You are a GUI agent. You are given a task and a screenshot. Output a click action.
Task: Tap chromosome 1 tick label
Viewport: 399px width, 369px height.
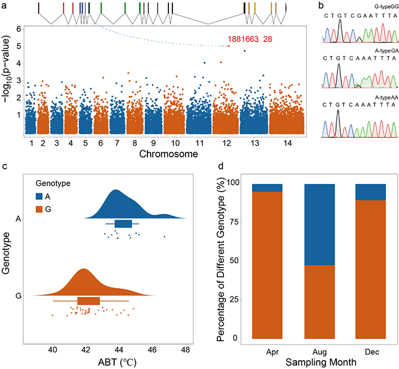[x=32, y=143]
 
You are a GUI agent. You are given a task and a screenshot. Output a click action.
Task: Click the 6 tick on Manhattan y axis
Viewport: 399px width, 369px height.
[x=19, y=29]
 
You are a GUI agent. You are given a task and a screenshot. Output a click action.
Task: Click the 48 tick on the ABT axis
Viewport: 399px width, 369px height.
[x=185, y=351]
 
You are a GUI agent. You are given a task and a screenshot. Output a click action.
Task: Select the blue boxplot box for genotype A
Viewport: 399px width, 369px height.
[x=123, y=223]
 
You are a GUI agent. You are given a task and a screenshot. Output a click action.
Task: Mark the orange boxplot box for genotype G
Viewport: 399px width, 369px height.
[x=89, y=301]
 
